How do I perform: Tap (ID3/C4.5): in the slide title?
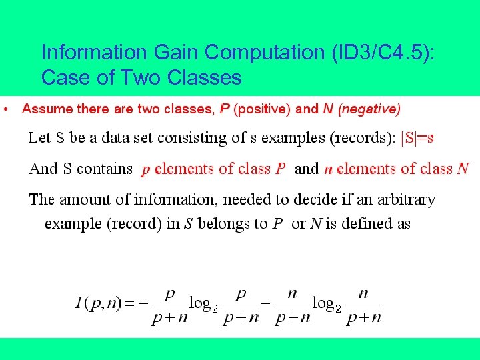pyautogui.click(x=382, y=52)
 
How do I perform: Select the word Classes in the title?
pyautogui.click(x=205, y=78)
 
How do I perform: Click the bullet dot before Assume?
pyautogui.click(x=5, y=108)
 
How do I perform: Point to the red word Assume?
pyautogui.click(x=47, y=108)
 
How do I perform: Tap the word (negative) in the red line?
pyautogui.click(x=369, y=108)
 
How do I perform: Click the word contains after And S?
pyautogui.click(x=105, y=169)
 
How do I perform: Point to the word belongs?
pyautogui.click(x=225, y=223)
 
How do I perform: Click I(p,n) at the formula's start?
pyautogui.click(x=98, y=303)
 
